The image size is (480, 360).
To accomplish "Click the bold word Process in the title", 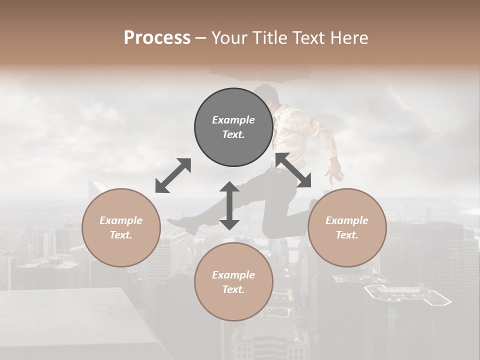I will pyautogui.click(x=157, y=38).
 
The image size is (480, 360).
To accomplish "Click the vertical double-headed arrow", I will pyautogui.click(x=229, y=206).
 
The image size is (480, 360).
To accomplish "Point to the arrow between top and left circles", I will pyautogui.click(x=173, y=175).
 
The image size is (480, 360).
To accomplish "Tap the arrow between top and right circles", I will pyautogui.click(x=293, y=170).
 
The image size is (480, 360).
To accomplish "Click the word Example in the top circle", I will pyautogui.click(x=233, y=120).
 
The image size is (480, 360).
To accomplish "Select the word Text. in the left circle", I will pyautogui.click(x=121, y=235).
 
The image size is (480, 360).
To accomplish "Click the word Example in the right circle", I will pyautogui.click(x=346, y=220).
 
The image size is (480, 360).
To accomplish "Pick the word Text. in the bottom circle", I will pyautogui.click(x=233, y=289).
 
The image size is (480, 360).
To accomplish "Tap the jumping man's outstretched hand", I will pyautogui.click(x=336, y=174).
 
